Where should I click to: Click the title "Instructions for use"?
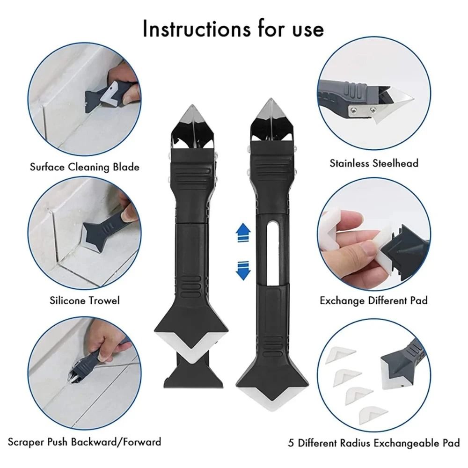pyautogui.click(x=233, y=29)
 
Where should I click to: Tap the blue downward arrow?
pyautogui.click(x=242, y=270)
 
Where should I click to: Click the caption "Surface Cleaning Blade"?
pyautogui.click(x=85, y=167)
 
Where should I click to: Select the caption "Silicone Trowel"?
pyautogui.click(x=85, y=300)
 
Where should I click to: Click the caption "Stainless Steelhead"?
pyautogui.click(x=374, y=163)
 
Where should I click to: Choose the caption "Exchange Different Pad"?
pyautogui.click(x=373, y=300)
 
